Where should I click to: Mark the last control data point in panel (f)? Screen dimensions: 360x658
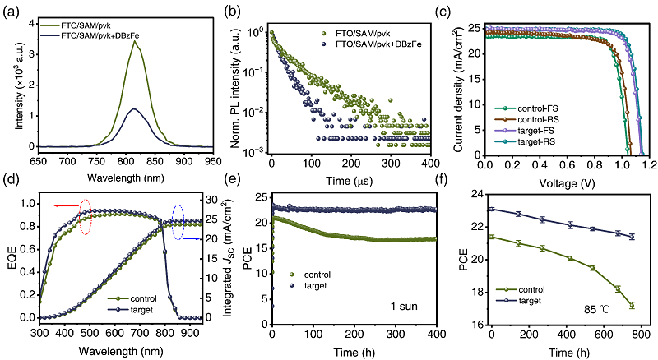pos(632,305)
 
